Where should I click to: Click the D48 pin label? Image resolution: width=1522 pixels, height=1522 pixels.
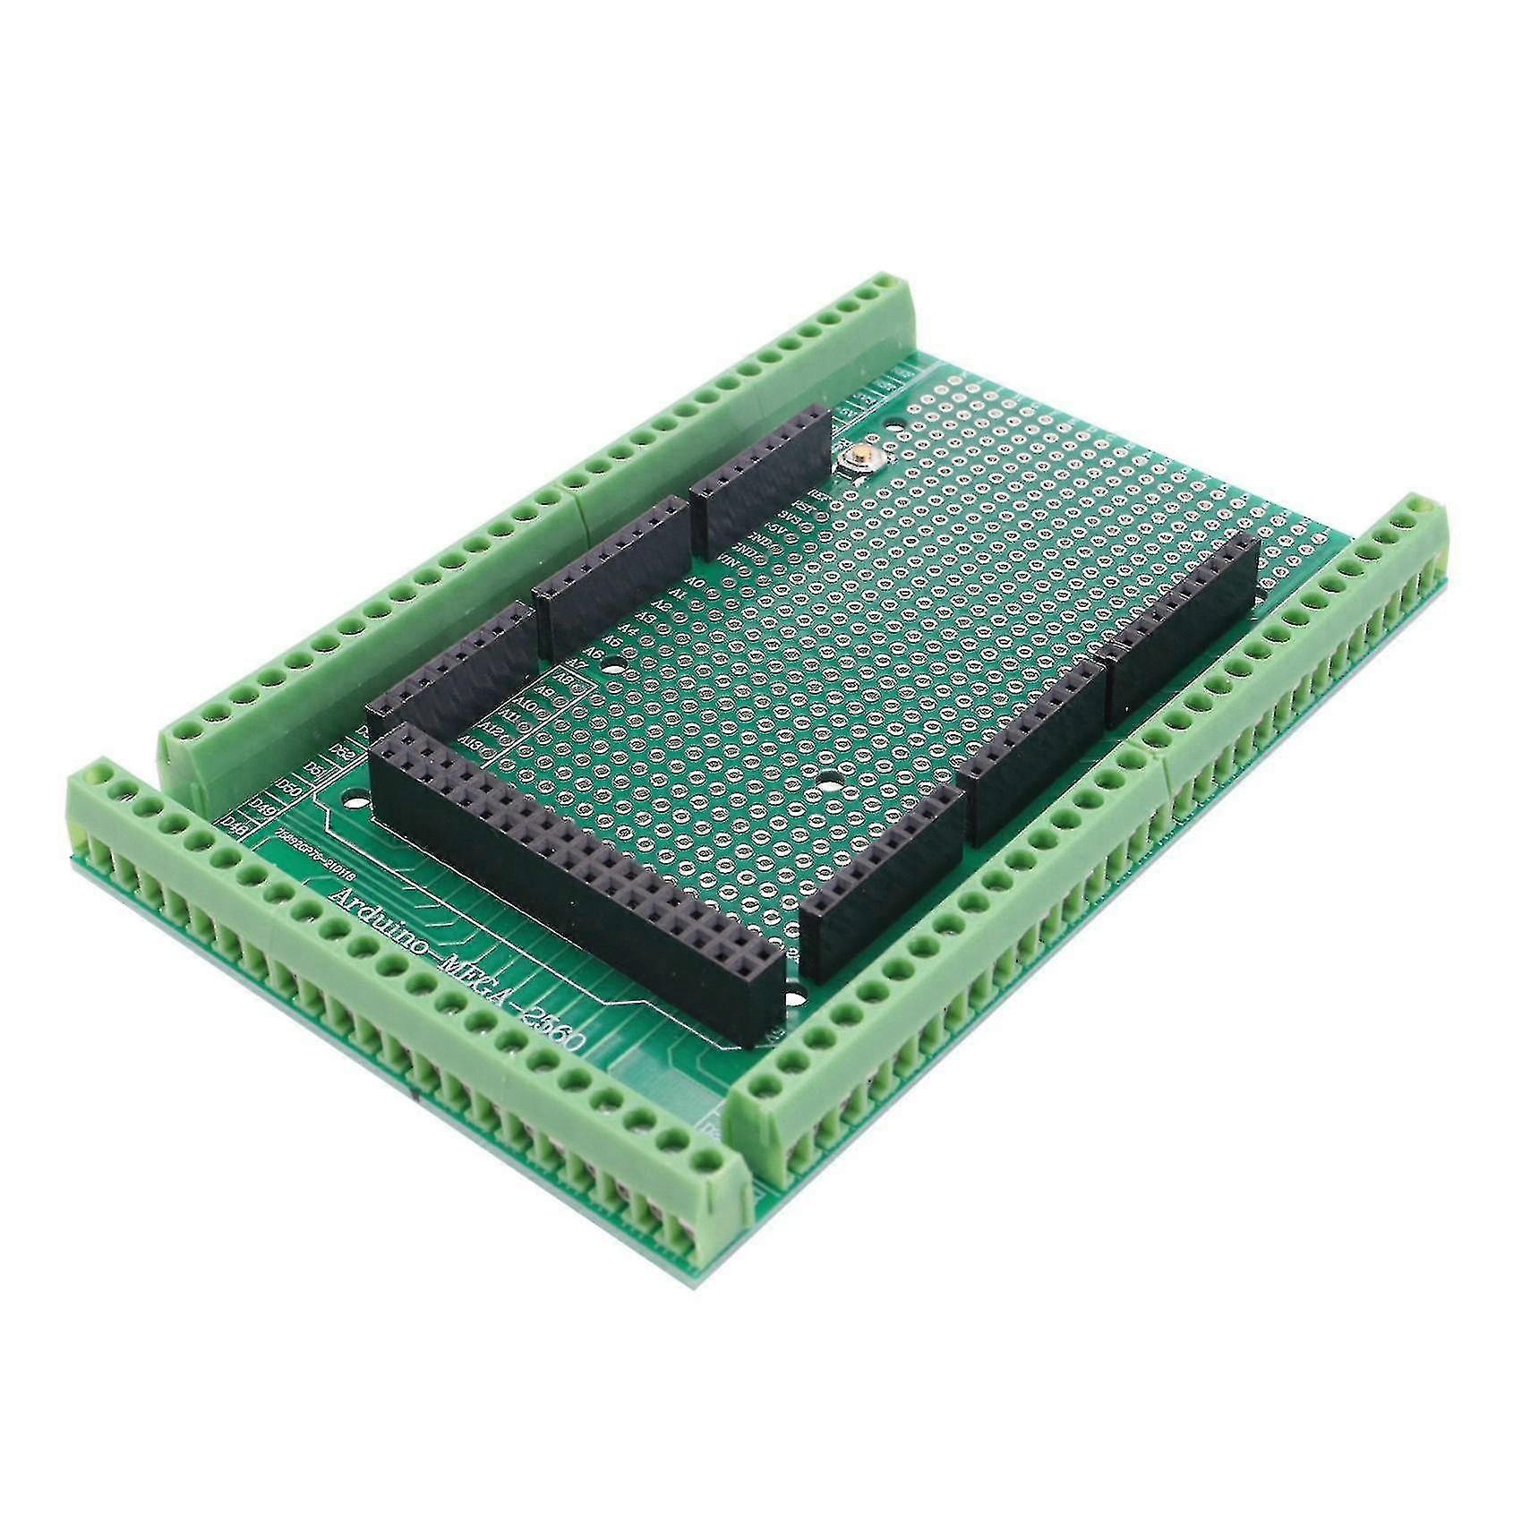pos(235,822)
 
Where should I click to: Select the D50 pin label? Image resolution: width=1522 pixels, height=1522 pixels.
pos(289,786)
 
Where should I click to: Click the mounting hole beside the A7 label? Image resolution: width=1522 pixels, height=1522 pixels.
pos(611,666)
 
